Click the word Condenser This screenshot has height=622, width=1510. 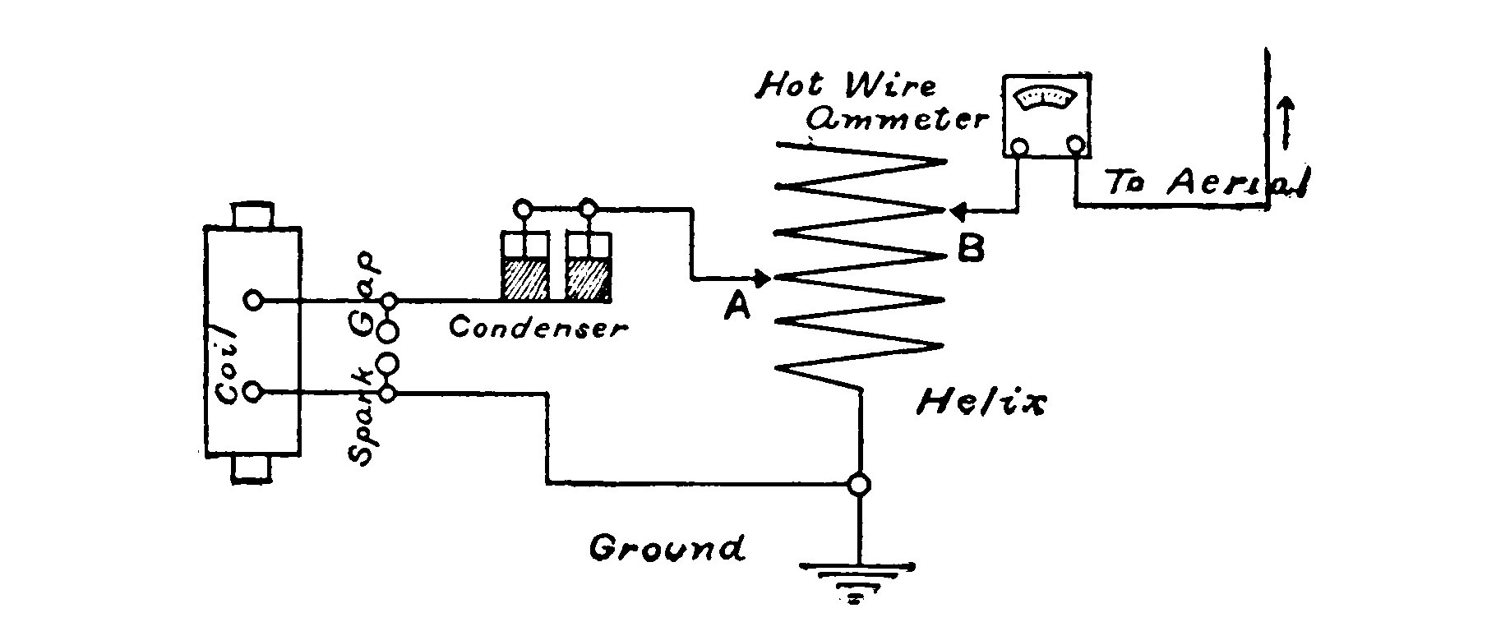(x=538, y=328)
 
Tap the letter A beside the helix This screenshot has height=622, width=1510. (x=737, y=306)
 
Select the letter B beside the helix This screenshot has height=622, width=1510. (x=970, y=248)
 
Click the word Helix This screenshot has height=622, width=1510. (x=981, y=403)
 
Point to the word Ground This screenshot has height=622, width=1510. (x=667, y=547)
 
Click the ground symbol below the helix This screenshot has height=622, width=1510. (x=857, y=580)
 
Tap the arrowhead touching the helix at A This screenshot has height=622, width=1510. (x=761, y=279)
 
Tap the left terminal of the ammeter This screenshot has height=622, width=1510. (x=1019, y=147)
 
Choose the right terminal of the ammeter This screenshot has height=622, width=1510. (x=1076, y=145)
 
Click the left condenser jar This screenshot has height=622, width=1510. (x=524, y=267)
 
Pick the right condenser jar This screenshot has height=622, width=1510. (x=589, y=267)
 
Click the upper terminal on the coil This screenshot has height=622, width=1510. (x=254, y=300)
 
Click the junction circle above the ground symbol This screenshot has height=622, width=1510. (x=858, y=485)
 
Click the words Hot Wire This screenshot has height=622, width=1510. (x=846, y=85)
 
